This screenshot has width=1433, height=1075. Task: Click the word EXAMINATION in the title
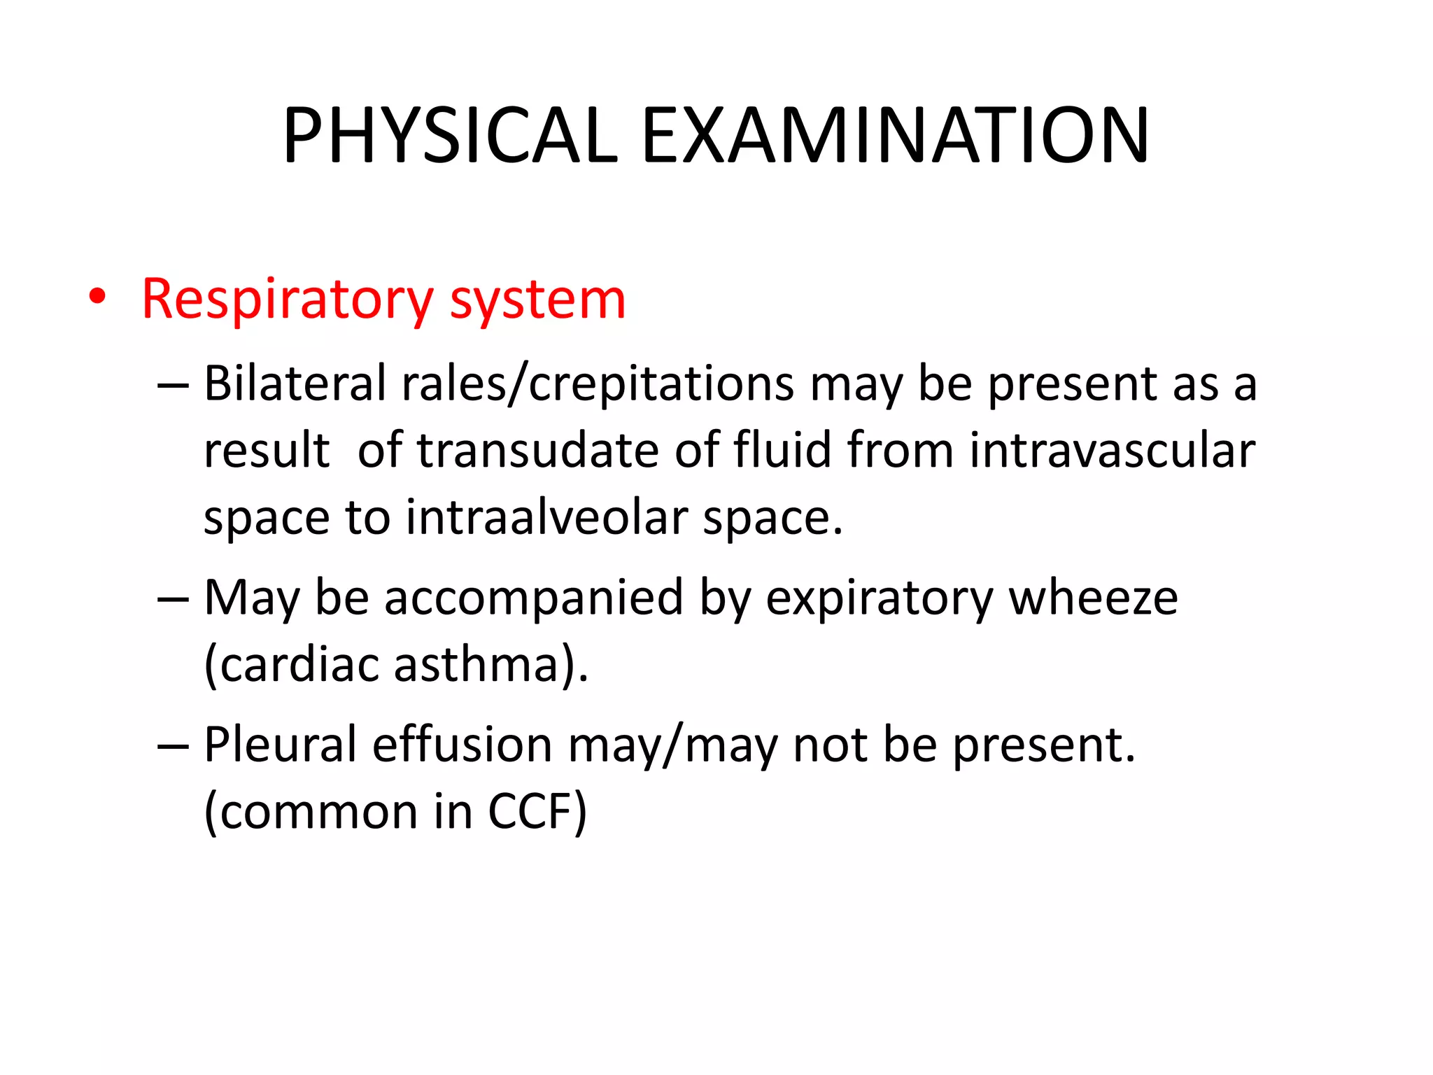(895, 136)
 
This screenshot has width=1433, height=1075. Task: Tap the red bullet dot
(97, 297)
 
